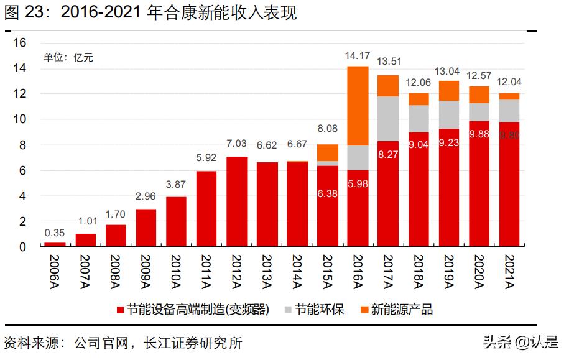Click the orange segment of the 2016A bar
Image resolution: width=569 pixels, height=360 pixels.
[358, 106]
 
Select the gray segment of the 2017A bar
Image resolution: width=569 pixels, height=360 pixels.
[388, 118]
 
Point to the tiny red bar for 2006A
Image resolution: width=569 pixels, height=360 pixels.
[55, 244]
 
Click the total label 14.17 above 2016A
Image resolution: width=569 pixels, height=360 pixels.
[358, 56]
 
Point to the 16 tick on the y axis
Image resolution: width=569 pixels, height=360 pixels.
[20, 43]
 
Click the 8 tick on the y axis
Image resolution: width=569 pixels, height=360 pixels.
[23, 145]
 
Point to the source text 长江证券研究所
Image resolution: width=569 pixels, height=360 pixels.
[192, 343]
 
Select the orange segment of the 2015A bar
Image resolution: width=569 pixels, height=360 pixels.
[328, 153]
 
